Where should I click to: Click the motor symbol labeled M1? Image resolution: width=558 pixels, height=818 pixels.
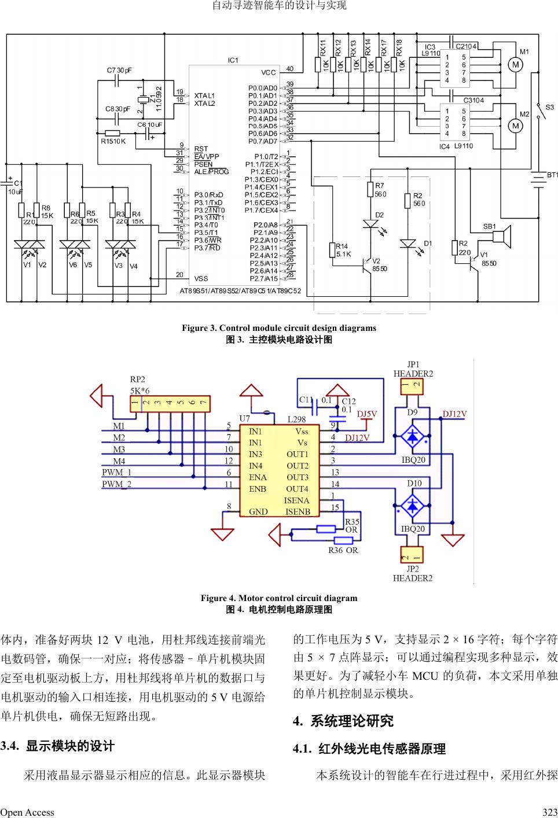click(515, 65)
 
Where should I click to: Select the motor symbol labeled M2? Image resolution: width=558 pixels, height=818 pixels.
click(515, 126)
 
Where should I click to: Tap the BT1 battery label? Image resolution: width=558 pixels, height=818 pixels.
click(552, 175)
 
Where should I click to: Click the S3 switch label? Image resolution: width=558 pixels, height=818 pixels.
click(549, 108)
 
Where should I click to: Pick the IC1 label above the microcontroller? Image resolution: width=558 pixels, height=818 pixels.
click(233, 60)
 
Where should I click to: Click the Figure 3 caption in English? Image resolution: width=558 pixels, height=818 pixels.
click(279, 328)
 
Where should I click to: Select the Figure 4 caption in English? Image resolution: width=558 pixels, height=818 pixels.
click(279, 598)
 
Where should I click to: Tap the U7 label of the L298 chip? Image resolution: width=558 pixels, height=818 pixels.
click(245, 418)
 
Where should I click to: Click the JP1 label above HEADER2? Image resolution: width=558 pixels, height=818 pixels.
click(413, 364)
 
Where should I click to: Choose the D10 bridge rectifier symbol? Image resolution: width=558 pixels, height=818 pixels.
click(412, 505)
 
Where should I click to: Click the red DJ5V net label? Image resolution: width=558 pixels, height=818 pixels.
click(367, 414)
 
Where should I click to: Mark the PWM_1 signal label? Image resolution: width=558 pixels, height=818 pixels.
click(117, 472)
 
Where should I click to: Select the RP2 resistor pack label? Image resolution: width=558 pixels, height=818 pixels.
click(137, 379)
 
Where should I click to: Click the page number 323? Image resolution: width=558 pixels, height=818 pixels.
click(549, 812)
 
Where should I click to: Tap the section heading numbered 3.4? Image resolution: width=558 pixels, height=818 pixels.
click(57, 746)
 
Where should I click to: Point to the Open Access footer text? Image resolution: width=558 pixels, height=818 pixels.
click(27, 812)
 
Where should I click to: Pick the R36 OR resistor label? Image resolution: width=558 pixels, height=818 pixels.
click(343, 550)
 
